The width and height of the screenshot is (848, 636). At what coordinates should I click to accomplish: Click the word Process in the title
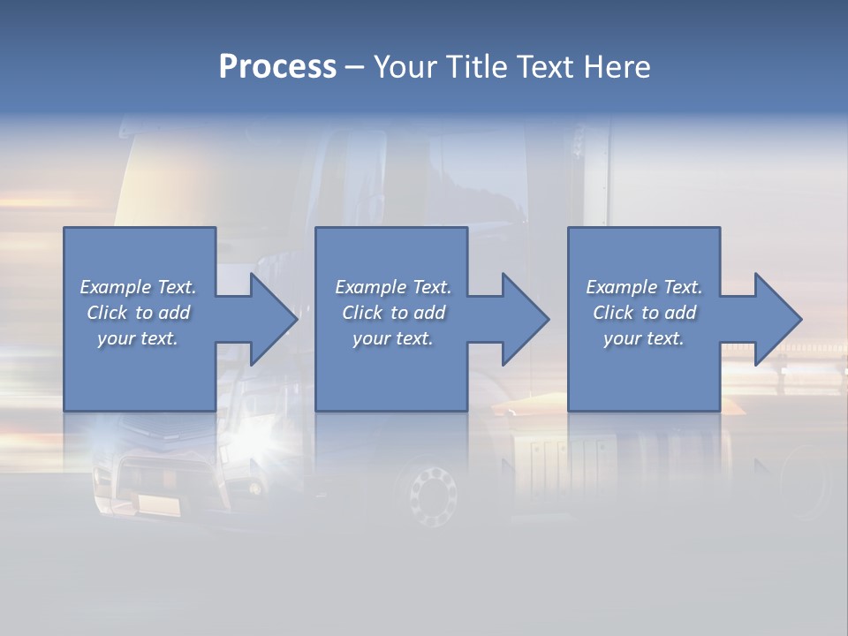277,67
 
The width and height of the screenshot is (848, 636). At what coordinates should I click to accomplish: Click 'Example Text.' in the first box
138,287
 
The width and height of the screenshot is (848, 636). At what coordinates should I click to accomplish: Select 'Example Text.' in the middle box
393,287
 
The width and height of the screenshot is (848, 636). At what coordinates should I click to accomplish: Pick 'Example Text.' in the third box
644,287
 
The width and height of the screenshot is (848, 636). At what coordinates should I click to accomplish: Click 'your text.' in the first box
138,338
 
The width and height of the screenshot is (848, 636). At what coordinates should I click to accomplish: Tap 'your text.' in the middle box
393,338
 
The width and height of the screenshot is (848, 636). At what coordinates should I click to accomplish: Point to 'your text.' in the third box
644,338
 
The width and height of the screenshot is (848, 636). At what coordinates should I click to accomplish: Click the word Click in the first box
107,313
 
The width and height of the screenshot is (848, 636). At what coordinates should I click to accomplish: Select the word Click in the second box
362,313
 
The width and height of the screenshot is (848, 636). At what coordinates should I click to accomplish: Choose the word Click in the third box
613,313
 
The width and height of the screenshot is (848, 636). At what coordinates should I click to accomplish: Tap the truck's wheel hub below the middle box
430,495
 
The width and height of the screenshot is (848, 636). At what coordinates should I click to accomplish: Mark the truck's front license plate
159,504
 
